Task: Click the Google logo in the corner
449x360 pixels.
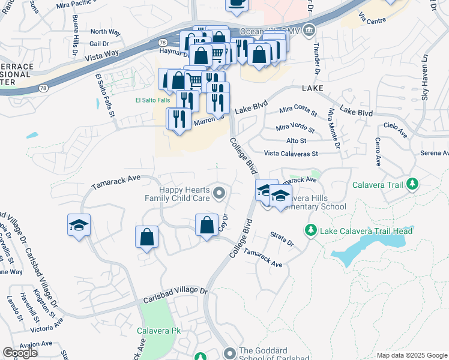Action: click(20, 353)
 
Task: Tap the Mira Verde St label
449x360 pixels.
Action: click(295, 128)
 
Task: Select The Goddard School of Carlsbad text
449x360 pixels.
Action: click(274, 355)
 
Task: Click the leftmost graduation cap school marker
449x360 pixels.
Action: click(79, 226)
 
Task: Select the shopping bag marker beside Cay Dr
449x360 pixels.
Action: click(206, 226)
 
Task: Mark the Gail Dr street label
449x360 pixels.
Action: click(99, 44)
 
